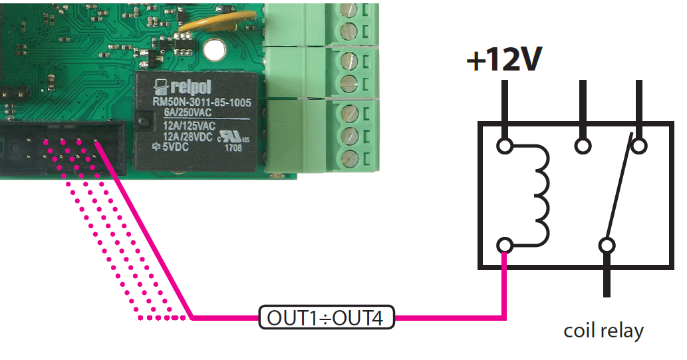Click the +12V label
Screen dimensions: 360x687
504,61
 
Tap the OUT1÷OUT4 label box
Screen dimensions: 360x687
325,317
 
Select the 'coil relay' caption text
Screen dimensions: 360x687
603,331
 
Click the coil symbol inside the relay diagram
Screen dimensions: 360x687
539,196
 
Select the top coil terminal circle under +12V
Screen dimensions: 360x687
505,145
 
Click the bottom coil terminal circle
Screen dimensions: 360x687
505,246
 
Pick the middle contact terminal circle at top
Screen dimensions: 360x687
583,145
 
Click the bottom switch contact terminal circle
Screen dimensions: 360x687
606,246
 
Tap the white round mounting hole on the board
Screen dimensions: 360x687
213,49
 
